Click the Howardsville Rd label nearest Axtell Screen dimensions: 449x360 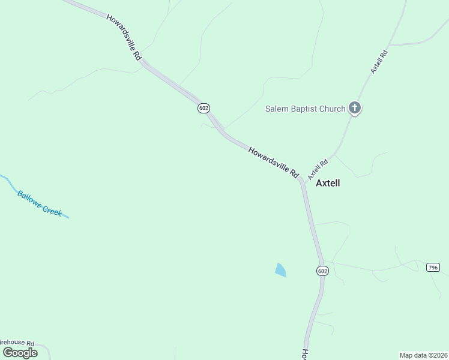[274, 162]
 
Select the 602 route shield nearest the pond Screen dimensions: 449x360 [322, 271]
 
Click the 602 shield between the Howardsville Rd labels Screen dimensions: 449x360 [203, 107]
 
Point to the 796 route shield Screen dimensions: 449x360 [433, 267]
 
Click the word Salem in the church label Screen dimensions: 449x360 [276, 109]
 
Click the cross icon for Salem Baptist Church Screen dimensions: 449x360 [355, 109]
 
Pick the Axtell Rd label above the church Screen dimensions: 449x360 [379, 61]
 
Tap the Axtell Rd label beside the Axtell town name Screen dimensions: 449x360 [318, 169]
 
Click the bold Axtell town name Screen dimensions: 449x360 [328, 183]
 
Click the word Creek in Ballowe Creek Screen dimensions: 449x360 [52, 211]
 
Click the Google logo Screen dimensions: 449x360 [20, 352]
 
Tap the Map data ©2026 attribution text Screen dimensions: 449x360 [423, 355]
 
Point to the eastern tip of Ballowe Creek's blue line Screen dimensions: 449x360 [68, 217]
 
